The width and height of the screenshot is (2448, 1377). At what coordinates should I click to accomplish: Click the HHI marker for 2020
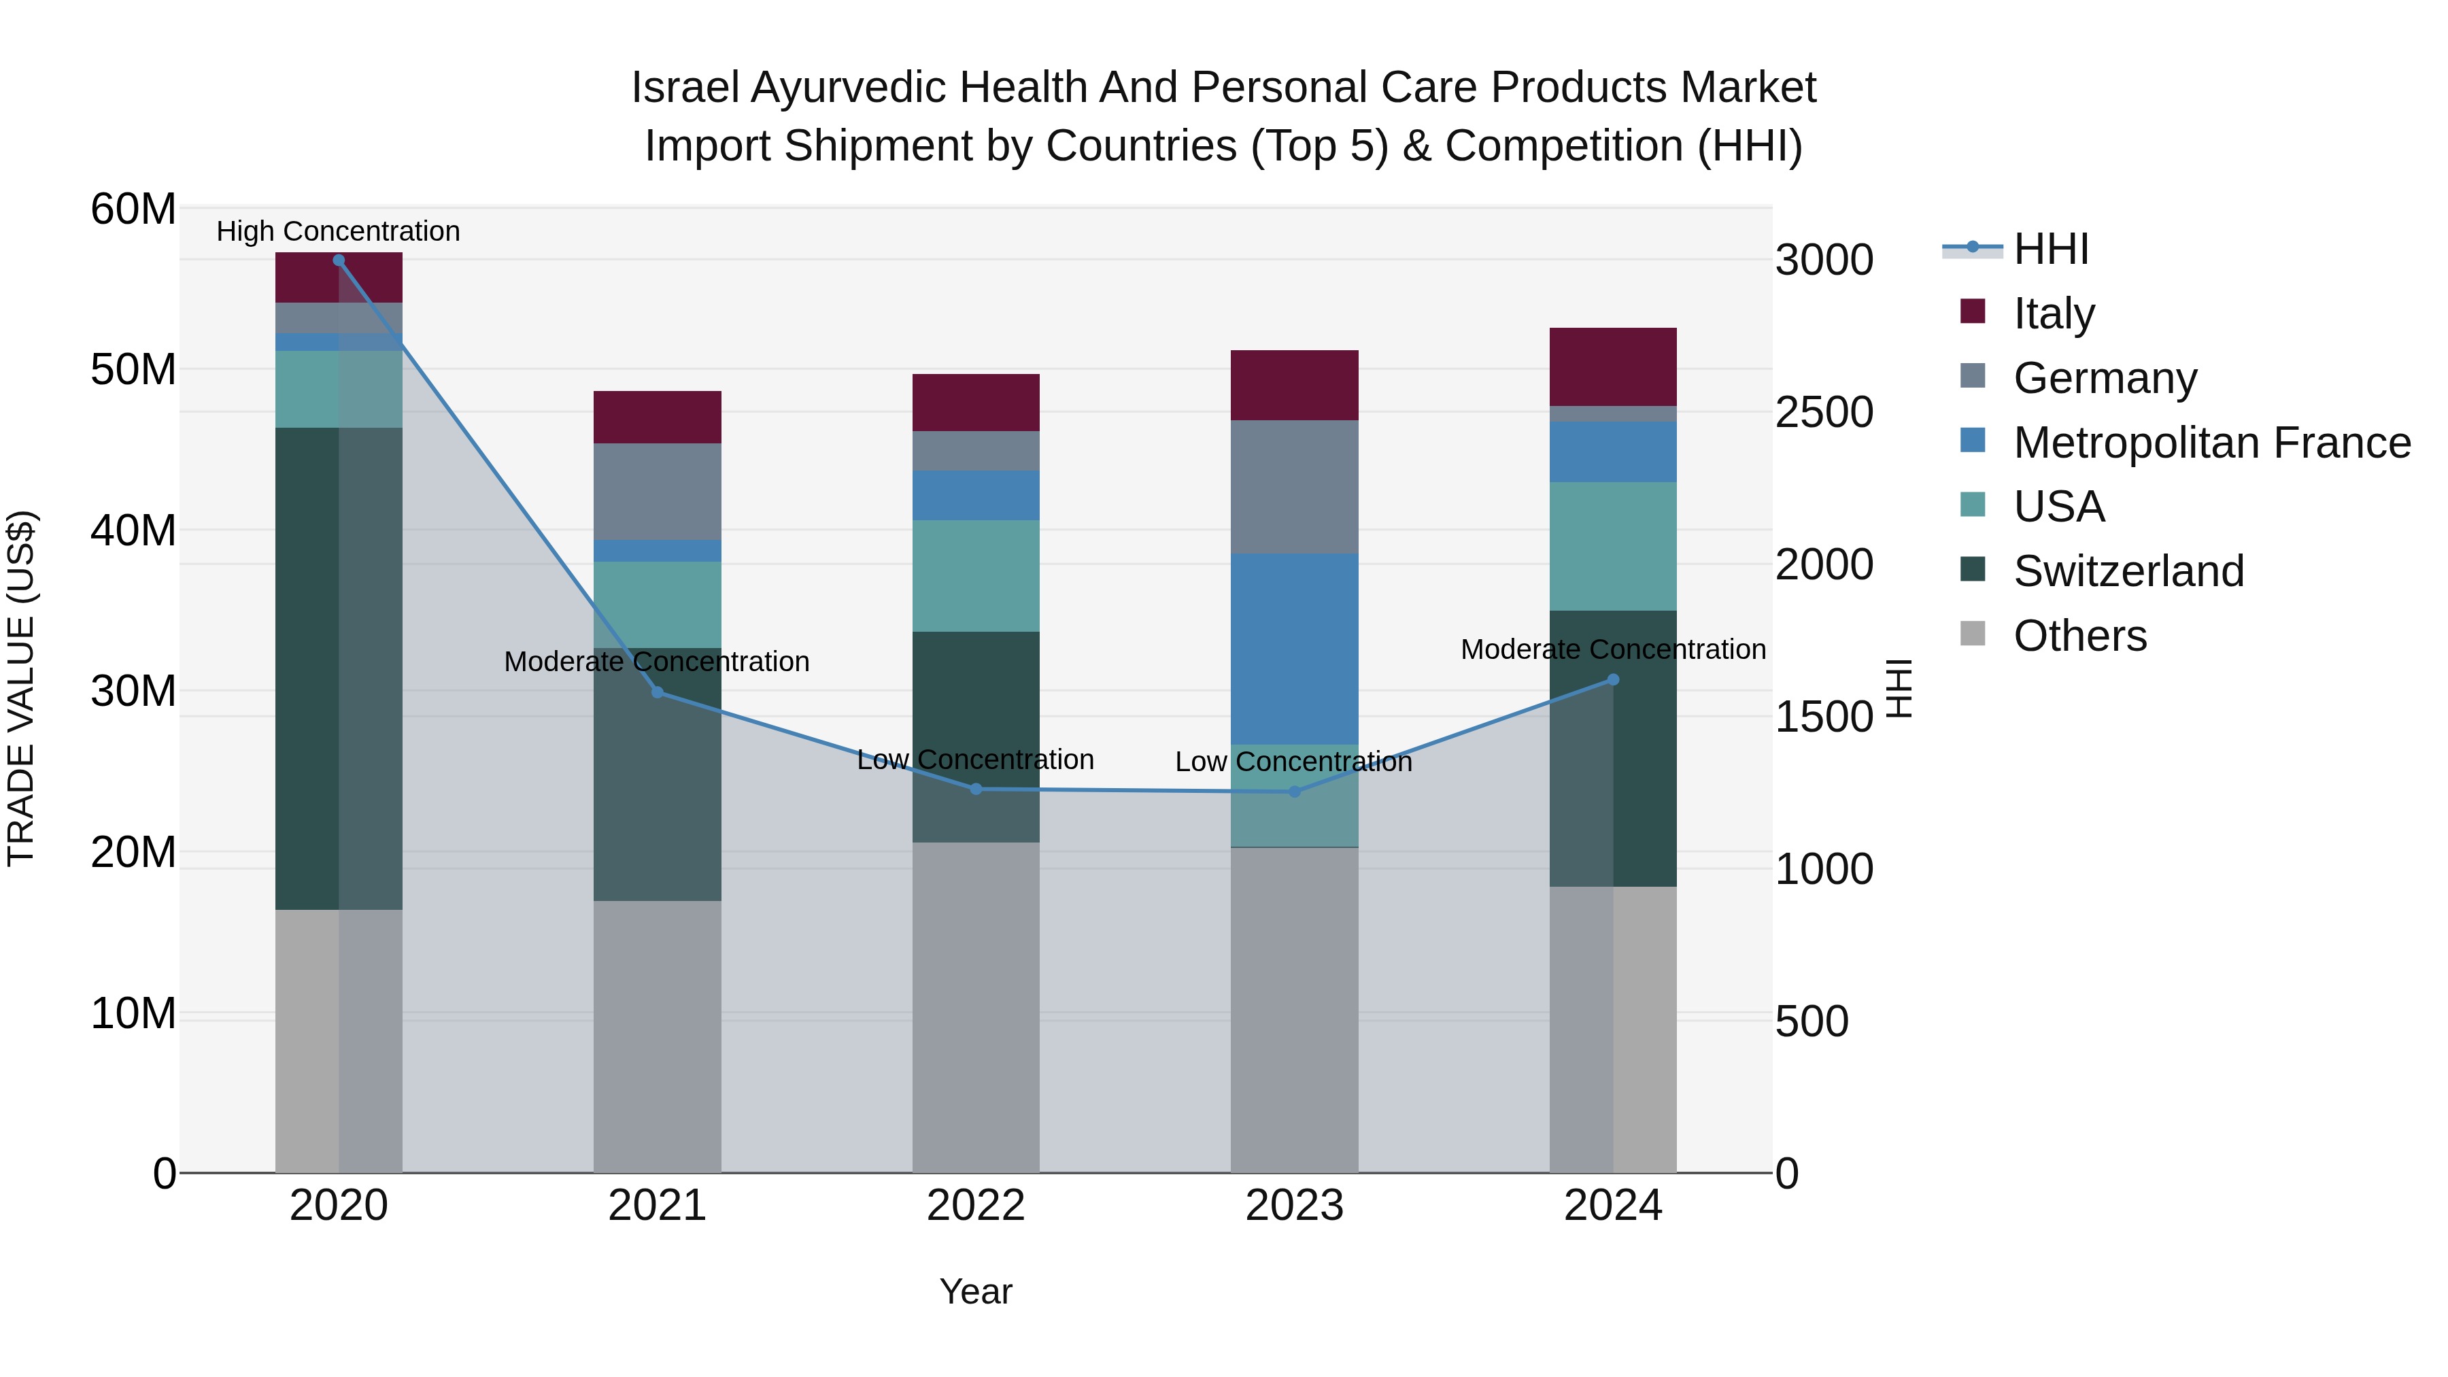[339, 260]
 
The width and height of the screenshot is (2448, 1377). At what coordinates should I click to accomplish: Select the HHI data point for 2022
[975, 789]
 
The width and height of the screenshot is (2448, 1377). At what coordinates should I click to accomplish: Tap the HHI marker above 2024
[1613, 679]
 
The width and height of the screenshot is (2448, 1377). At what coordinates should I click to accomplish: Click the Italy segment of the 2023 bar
[1293, 385]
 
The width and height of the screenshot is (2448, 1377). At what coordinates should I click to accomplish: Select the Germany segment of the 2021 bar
[657, 492]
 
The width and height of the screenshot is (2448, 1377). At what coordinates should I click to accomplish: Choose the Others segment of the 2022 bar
[975, 1007]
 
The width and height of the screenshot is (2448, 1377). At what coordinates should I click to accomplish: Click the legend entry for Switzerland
[2128, 571]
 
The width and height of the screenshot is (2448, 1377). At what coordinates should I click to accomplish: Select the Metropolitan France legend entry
[2211, 443]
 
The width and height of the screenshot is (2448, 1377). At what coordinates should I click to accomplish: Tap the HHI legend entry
[2051, 249]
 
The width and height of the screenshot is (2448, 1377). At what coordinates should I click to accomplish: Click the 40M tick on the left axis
[133, 530]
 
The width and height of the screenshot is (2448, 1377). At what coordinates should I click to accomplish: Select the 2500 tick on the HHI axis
[1822, 413]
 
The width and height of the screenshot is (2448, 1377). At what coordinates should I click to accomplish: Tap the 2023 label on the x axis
[1293, 1206]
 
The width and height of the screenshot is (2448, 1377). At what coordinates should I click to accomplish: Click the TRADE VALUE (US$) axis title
[21, 688]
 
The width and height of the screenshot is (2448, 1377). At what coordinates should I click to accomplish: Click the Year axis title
[975, 1291]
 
